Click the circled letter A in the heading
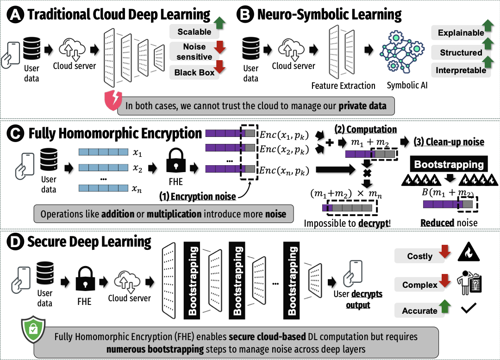pos(15,14)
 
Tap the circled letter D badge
pos(15,242)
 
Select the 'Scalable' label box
pos(194,32)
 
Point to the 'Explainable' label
pos(461,33)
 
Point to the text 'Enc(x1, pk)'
pos(282,134)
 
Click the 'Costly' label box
pos(419,256)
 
